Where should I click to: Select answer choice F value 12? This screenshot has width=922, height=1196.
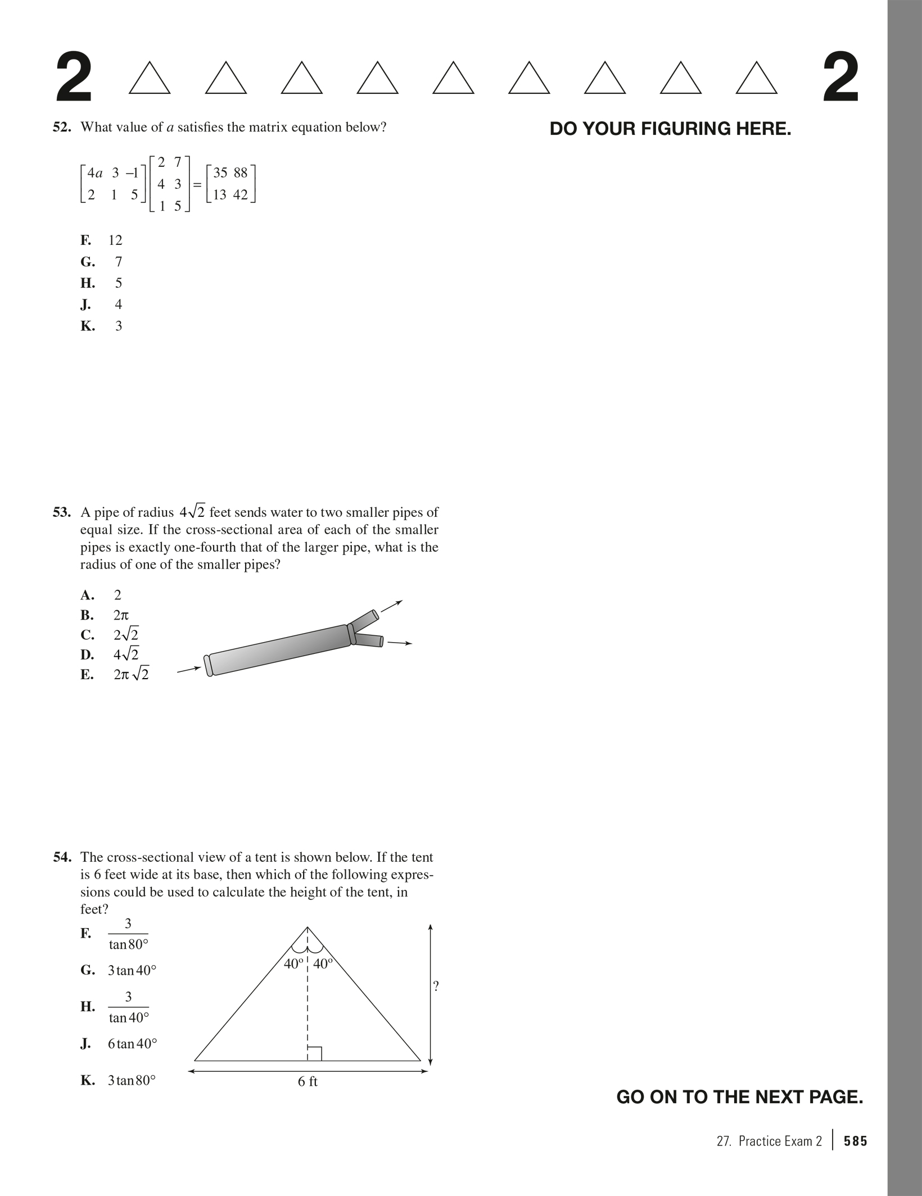pos(115,240)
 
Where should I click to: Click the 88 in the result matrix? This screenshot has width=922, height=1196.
pos(240,173)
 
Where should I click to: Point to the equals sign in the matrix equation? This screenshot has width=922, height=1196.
pos(197,185)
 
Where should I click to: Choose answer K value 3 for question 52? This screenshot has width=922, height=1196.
pos(118,326)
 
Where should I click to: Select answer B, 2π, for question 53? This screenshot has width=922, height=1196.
pos(121,615)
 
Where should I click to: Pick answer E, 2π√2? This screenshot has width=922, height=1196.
pos(131,674)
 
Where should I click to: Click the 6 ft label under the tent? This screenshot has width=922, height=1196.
pos(308,1081)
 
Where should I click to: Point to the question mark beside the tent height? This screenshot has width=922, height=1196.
pos(436,985)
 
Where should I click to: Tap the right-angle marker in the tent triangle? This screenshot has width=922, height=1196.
pos(315,1053)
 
